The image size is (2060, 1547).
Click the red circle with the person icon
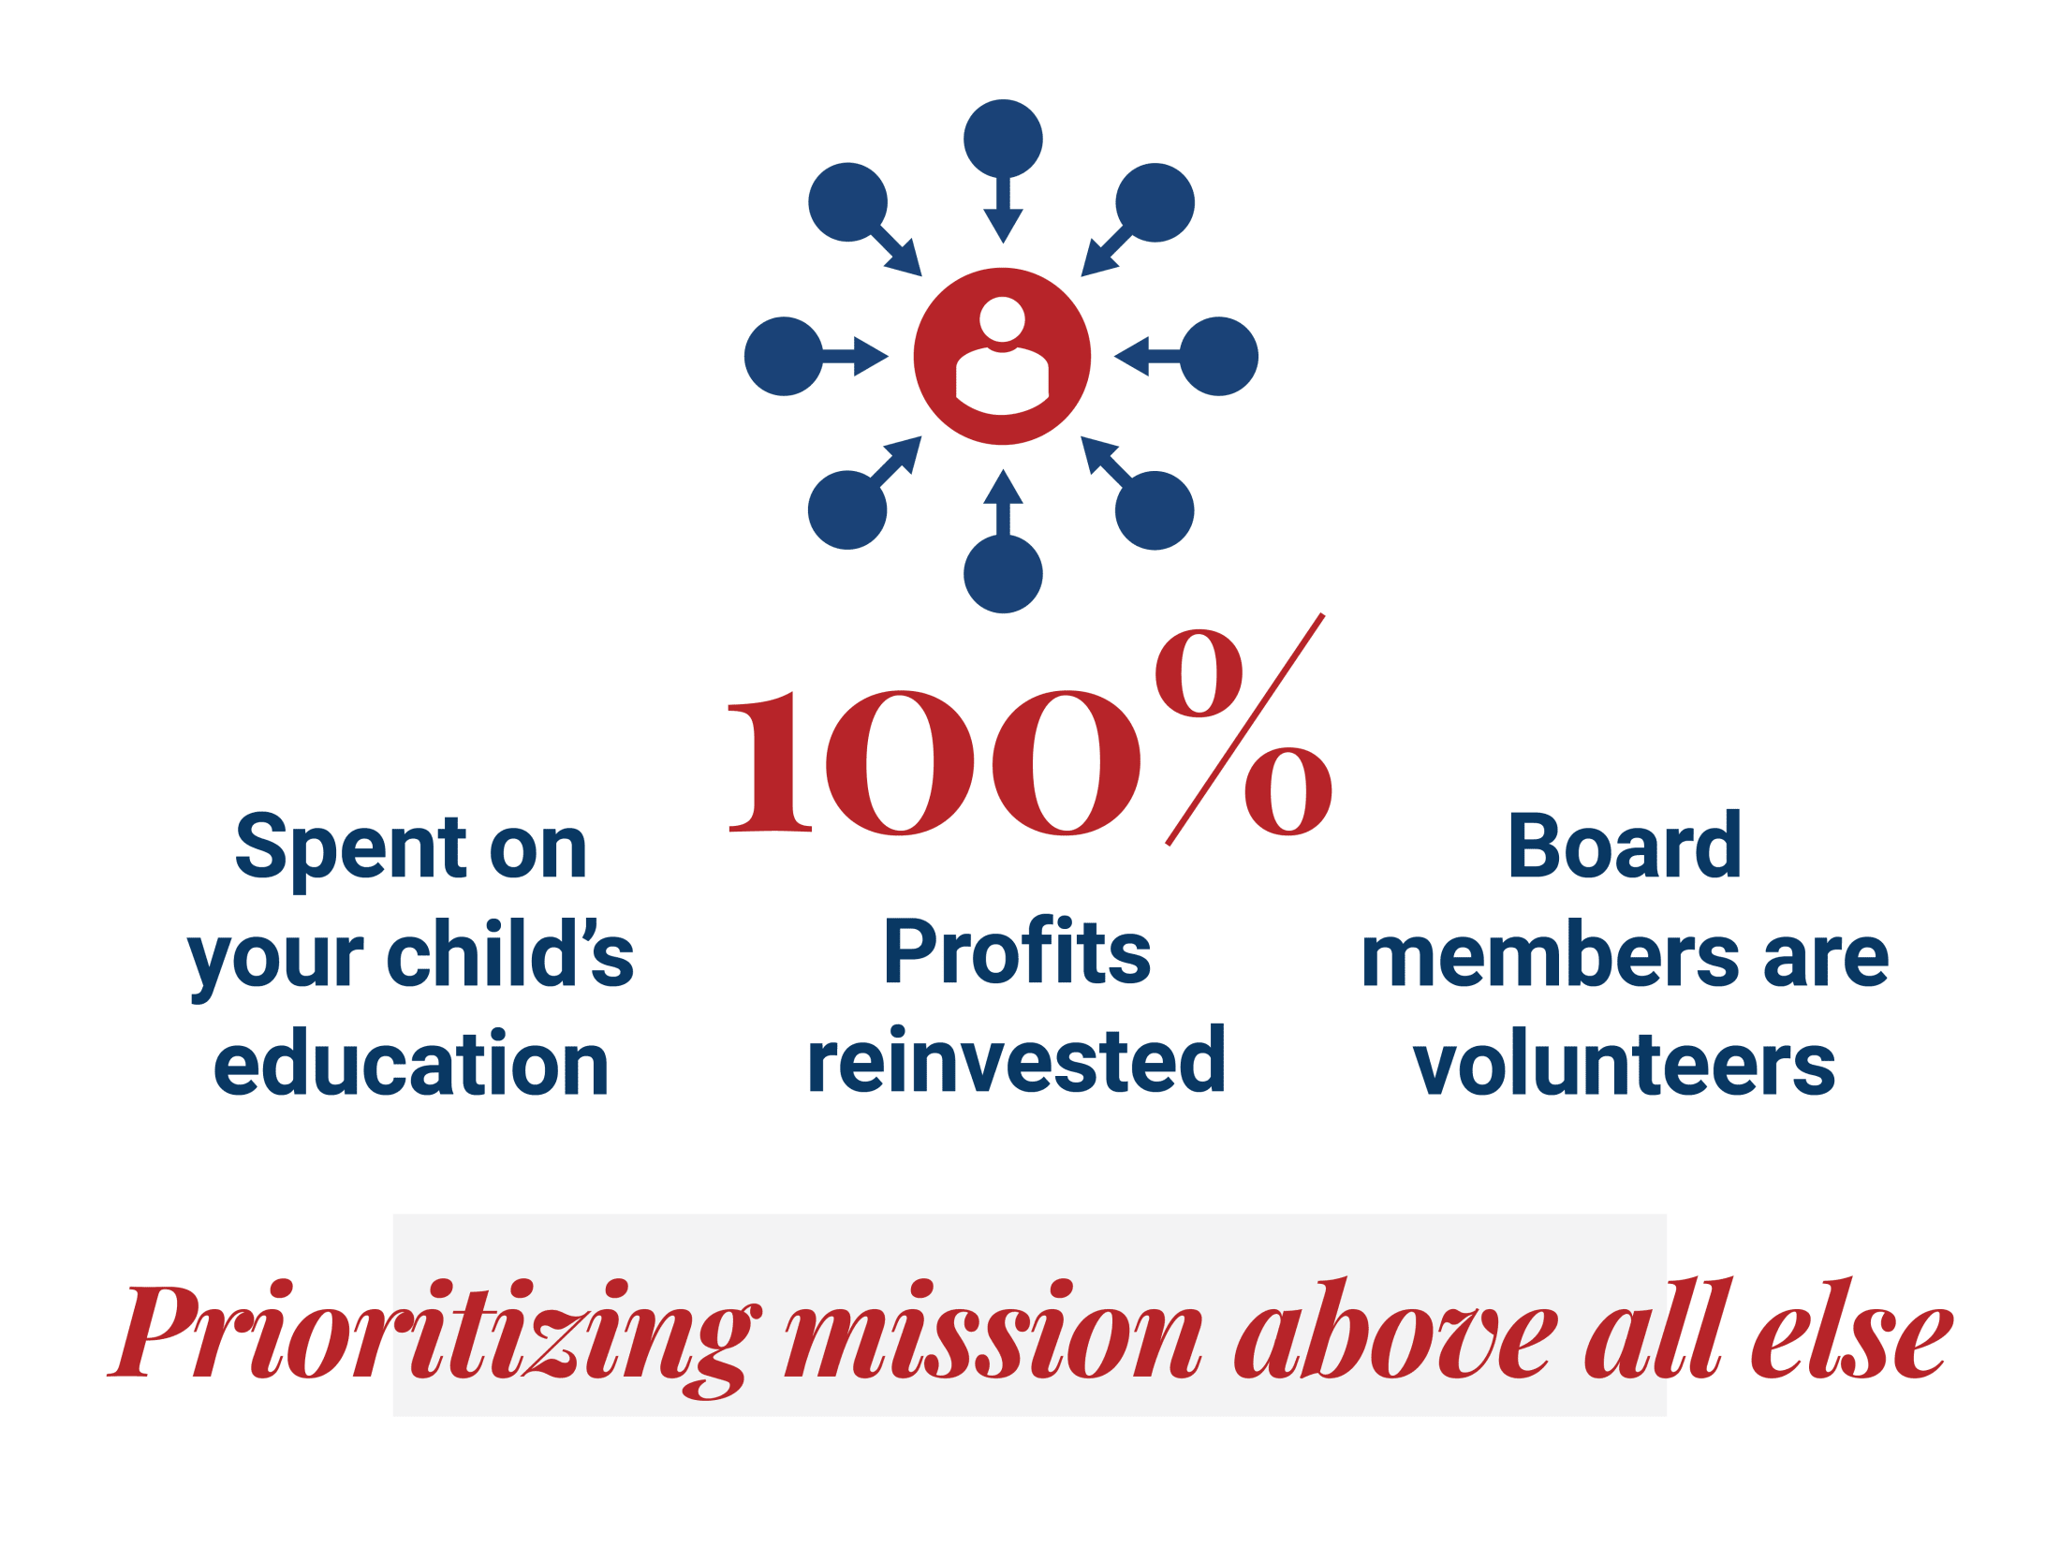(1002, 356)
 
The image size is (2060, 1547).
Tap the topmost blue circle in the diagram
(1003, 139)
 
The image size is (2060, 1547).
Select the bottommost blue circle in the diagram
(1003, 574)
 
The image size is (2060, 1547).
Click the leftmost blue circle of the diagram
(784, 356)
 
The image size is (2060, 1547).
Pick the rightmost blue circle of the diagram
(1219, 356)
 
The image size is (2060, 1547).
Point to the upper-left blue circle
(848, 202)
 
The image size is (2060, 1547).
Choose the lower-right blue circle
(1155, 510)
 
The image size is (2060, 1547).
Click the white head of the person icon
(1002, 319)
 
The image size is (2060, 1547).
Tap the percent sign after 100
(1243, 729)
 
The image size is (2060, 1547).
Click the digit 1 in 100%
(770, 761)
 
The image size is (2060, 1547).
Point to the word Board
(1625, 845)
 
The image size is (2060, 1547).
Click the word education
(411, 1062)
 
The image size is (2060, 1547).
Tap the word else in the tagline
(1852, 1328)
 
